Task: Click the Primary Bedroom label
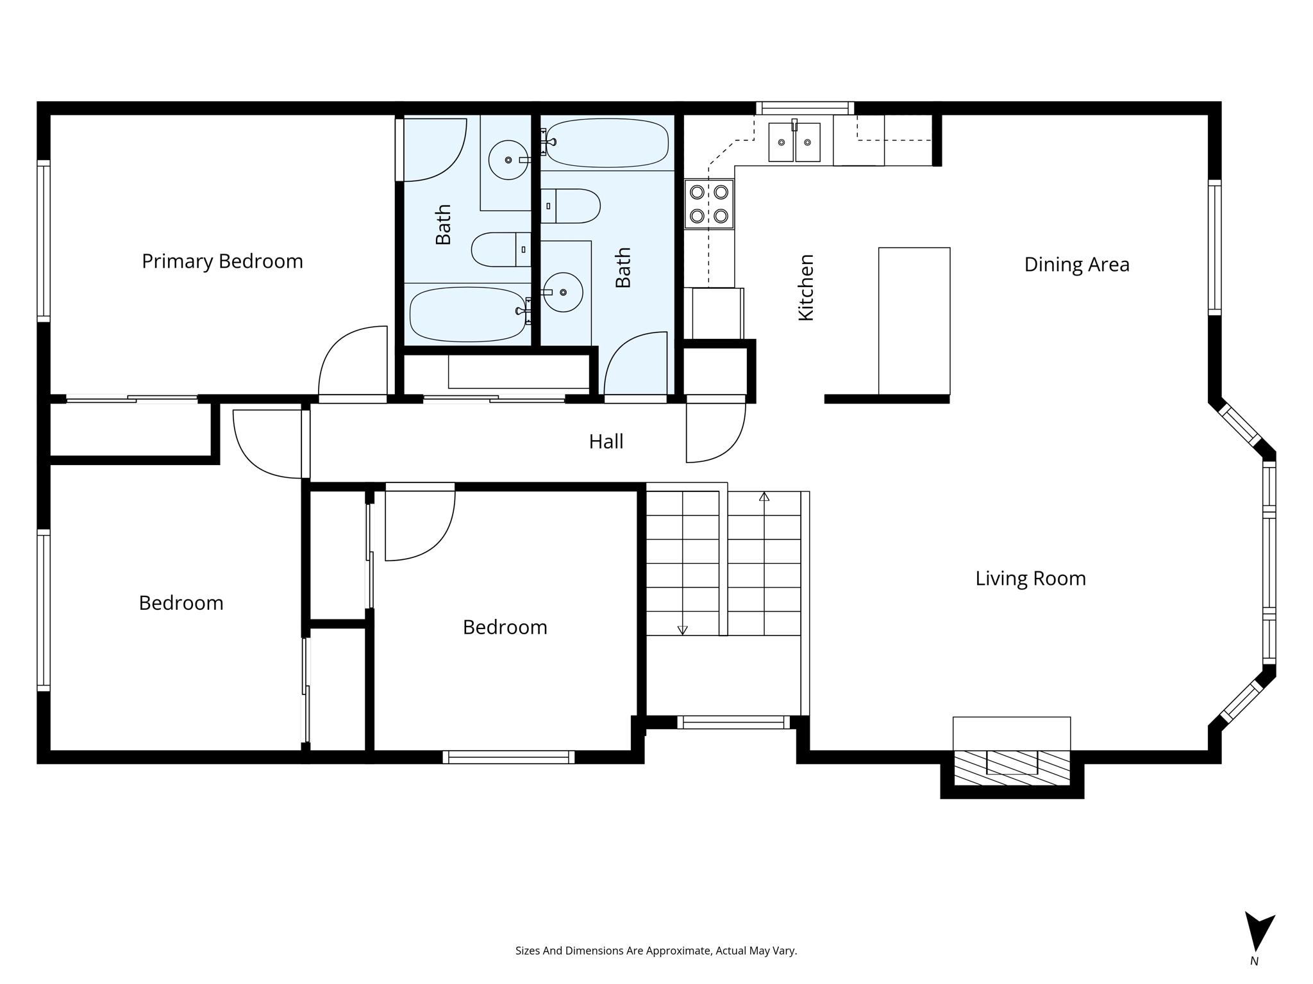222,261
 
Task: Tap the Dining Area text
1076,265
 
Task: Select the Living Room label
1030,578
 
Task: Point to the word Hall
606,441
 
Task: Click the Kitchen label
806,287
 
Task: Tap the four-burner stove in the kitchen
708,204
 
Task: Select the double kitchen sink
794,142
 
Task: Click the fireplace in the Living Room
1012,766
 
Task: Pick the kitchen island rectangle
914,320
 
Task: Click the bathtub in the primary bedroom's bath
468,314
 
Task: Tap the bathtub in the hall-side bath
606,142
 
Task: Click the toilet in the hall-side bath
571,206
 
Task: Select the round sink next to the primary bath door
508,160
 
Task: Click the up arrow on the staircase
764,496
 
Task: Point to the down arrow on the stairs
682,630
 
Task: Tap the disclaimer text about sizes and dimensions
656,951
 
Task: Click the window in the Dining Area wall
1214,247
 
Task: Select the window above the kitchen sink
805,108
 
